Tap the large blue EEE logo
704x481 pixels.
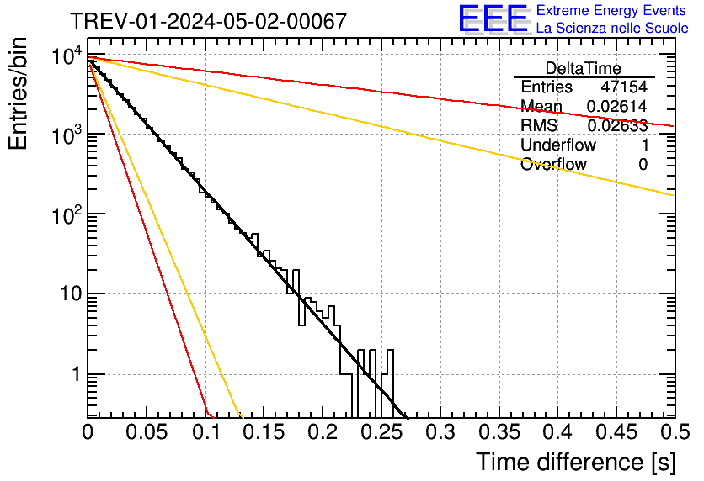[493, 19]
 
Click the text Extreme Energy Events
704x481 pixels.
[611, 11]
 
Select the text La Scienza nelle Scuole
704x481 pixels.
[612, 28]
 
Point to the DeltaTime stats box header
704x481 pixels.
[583, 68]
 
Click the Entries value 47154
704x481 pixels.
[624, 87]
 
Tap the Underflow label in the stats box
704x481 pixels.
[557, 145]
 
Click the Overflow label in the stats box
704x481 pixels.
[553, 165]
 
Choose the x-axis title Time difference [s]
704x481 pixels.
[575, 462]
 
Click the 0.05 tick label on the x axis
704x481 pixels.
[147, 432]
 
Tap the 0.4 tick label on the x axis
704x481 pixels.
[557, 432]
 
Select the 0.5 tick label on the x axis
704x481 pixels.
[674, 432]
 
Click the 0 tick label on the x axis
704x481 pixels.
[88, 432]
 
